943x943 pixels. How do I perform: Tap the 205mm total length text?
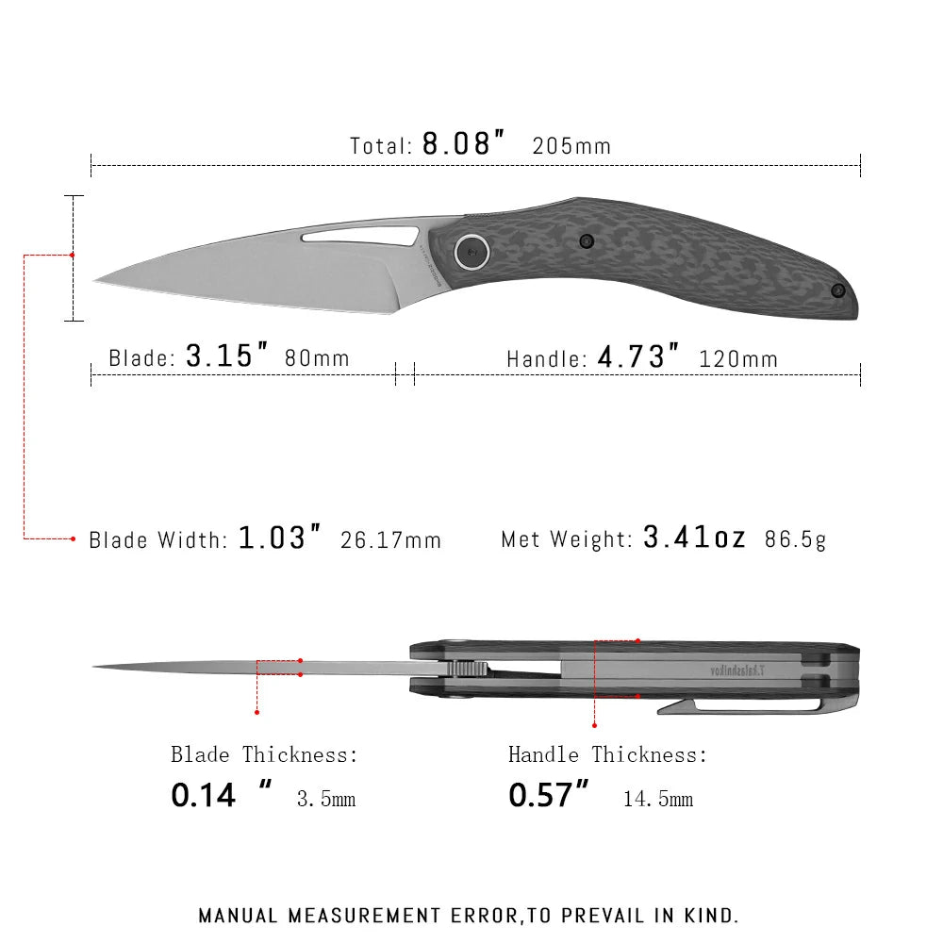pyautogui.click(x=571, y=146)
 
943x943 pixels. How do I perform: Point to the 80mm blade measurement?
pyautogui.click(x=317, y=358)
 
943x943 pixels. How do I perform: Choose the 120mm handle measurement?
pyautogui.click(x=738, y=358)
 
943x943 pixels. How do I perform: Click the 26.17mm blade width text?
pyautogui.click(x=390, y=540)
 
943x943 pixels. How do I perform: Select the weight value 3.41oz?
pyautogui.click(x=694, y=538)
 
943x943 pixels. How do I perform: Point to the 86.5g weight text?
pyautogui.click(x=795, y=540)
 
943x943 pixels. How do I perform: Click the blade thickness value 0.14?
pyautogui.click(x=203, y=795)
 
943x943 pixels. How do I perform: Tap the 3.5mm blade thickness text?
pyautogui.click(x=326, y=800)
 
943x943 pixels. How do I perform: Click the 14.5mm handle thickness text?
pyautogui.click(x=657, y=800)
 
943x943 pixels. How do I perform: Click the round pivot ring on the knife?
pyautogui.click(x=470, y=251)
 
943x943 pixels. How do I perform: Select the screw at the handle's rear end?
pyautogui.click(x=835, y=290)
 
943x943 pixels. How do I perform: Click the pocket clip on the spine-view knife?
pyautogui.click(x=745, y=706)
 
